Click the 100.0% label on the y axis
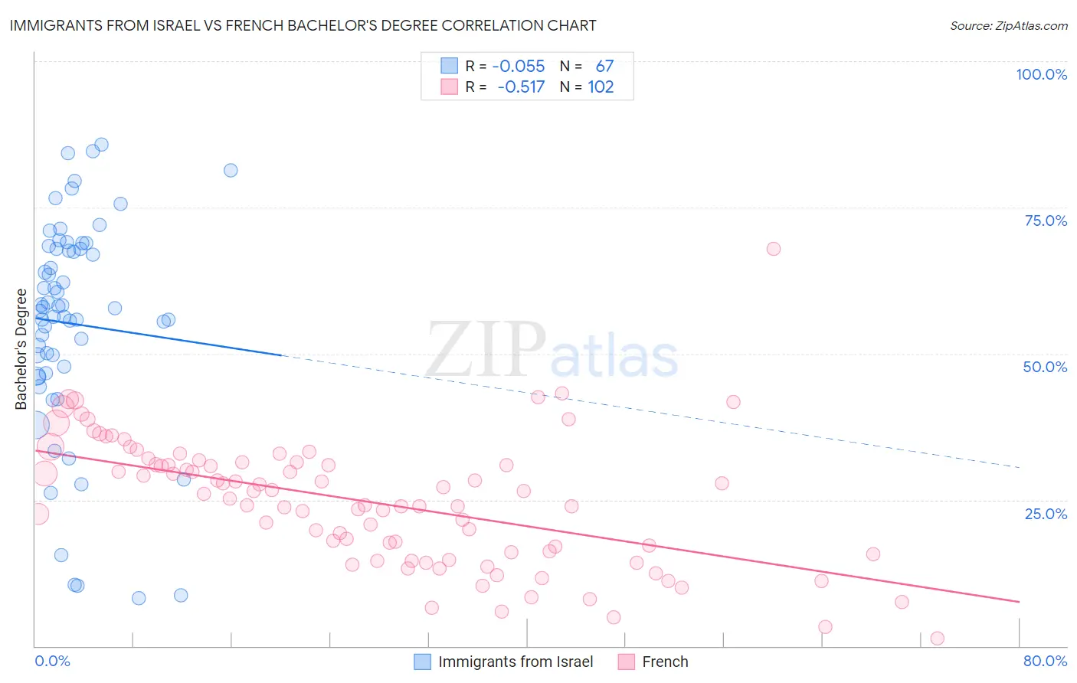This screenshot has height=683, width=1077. [1041, 74]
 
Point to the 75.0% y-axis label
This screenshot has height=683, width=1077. [1046, 221]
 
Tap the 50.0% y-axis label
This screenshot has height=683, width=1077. [1045, 367]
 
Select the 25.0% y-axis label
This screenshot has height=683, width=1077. [1046, 513]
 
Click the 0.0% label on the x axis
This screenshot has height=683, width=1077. [52, 661]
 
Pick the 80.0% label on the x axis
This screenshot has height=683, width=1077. [1045, 661]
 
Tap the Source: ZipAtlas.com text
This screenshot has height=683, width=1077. [1008, 26]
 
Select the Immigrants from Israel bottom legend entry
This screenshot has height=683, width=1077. [516, 662]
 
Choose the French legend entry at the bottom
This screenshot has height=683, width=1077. [665, 662]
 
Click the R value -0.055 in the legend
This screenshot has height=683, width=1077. [519, 66]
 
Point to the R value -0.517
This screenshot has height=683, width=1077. [521, 87]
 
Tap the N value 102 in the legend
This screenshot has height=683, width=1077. [601, 87]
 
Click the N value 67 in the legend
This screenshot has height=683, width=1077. [604, 66]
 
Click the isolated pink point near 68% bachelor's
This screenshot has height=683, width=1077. [774, 249]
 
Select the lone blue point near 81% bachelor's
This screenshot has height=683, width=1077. [231, 170]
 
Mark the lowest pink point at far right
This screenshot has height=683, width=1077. [937, 639]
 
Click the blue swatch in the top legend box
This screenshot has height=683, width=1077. [449, 66]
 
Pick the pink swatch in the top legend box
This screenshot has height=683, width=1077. [449, 87]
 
